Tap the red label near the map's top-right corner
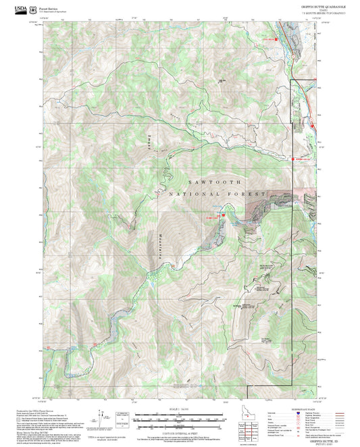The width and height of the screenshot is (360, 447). coord(269,39)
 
